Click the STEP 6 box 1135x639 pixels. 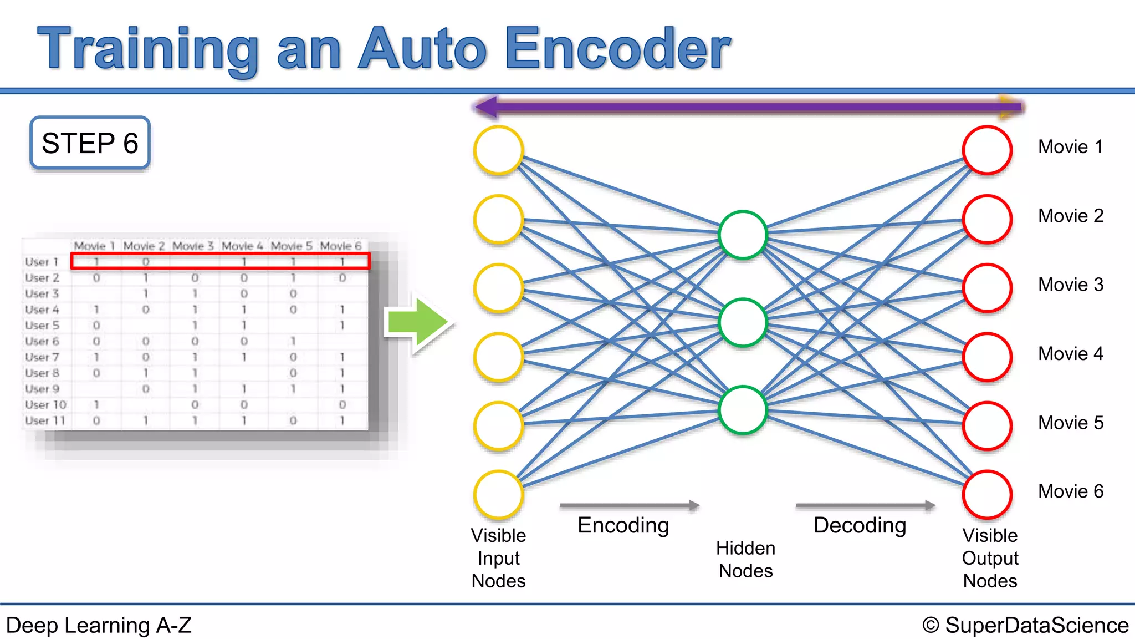tap(90, 143)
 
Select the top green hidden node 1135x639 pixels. tap(742, 235)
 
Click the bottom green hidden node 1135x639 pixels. tap(742, 409)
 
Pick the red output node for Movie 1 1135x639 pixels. tap(987, 150)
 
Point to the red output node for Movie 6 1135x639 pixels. tap(987, 494)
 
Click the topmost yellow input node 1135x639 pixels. tap(498, 150)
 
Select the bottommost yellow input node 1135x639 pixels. tap(498, 494)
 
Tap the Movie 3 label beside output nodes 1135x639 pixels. tap(1070, 285)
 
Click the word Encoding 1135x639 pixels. tap(623, 525)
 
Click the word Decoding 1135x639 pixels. tap(860, 525)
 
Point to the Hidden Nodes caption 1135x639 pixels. tap(745, 559)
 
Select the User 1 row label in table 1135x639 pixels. tap(42, 261)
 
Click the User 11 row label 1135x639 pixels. tap(45, 420)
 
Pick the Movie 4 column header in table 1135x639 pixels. tap(242, 245)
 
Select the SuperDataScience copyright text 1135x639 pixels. tap(1025, 625)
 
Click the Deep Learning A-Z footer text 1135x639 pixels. tap(99, 625)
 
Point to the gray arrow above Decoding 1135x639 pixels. tap(865, 505)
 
